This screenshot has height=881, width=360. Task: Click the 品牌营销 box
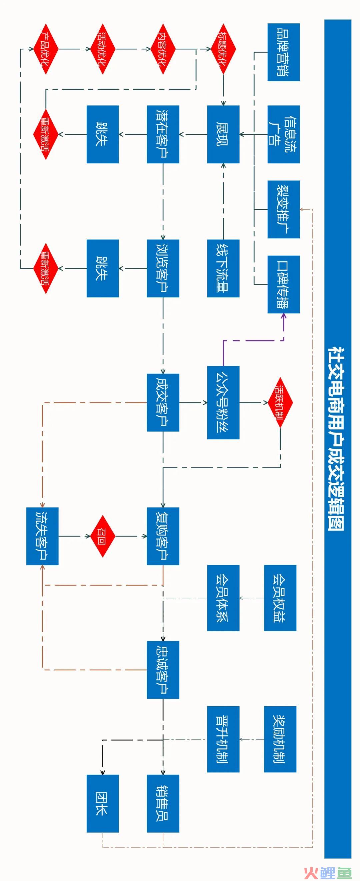tap(283, 52)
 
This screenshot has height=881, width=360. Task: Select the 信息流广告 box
tap(283, 134)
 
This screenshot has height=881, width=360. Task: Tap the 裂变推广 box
tap(283, 209)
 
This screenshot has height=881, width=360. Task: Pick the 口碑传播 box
tap(283, 284)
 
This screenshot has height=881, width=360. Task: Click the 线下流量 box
tap(223, 268)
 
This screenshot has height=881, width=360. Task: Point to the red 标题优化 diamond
tap(223, 49)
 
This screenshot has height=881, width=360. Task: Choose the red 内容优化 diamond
tap(163, 49)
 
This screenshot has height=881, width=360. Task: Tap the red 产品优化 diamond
tap(46, 49)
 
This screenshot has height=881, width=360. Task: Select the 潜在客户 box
tap(163, 134)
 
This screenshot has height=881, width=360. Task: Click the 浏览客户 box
tap(163, 268)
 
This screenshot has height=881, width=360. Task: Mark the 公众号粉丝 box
tap(223, 402)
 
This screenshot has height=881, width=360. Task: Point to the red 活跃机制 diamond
tap(280, 402)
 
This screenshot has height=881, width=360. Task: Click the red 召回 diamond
tap(103, 536)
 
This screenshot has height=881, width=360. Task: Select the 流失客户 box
tap(42, 536)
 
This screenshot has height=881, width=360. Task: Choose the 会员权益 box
tap(280, 598)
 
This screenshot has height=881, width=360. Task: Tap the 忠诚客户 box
tap(163, 670)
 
